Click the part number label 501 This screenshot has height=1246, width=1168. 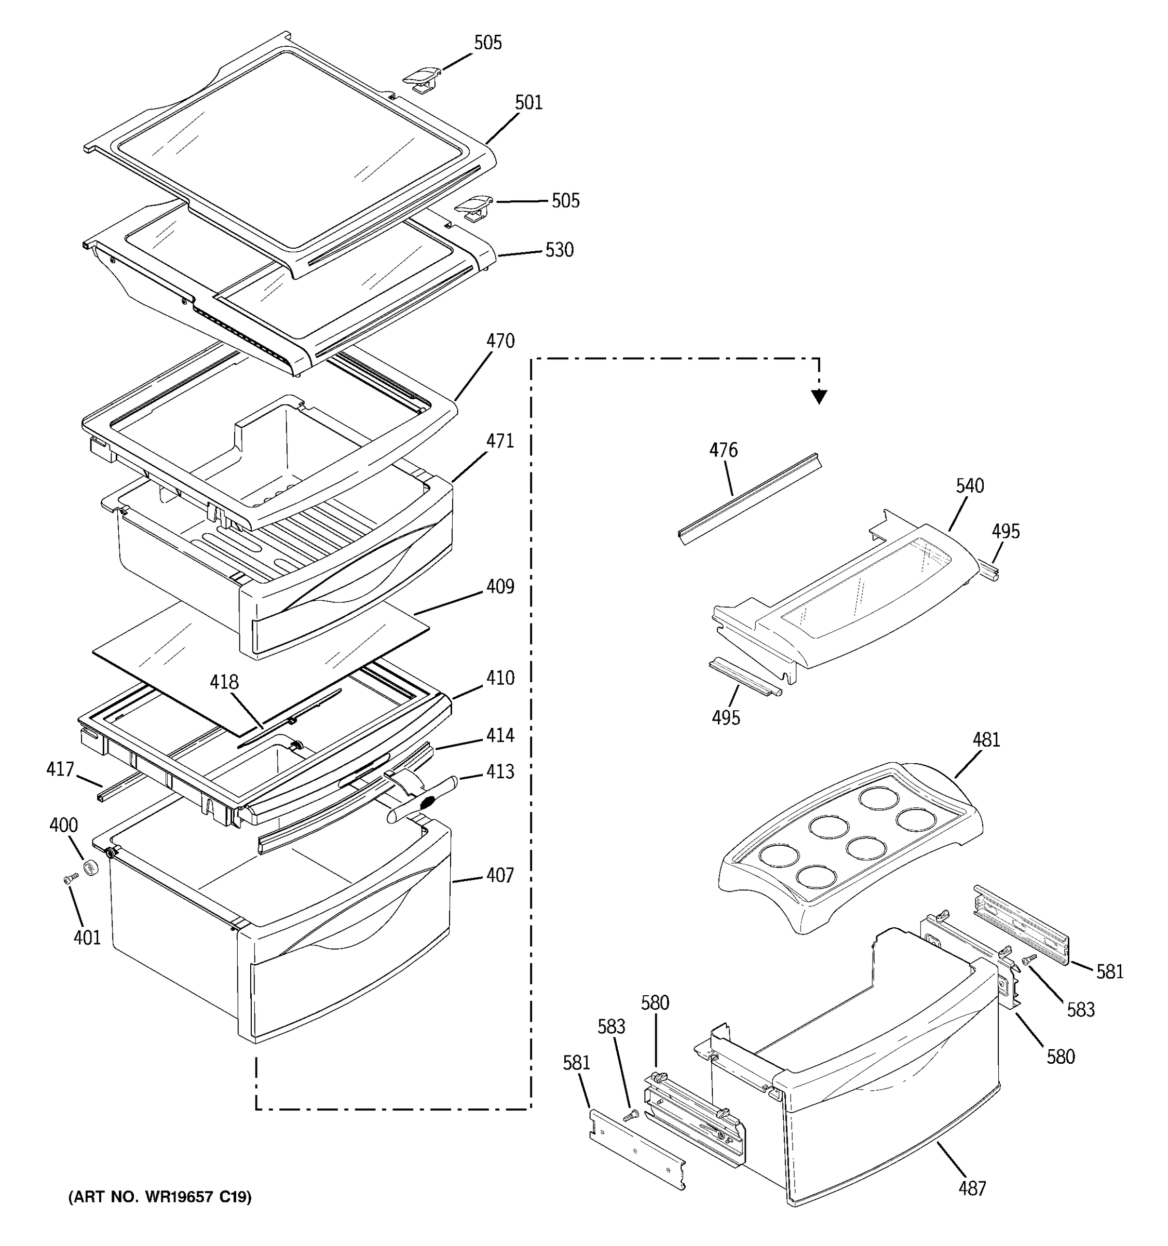528,103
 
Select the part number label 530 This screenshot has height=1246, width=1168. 559,250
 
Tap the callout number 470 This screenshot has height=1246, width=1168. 500,342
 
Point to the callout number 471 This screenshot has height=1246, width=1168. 500,441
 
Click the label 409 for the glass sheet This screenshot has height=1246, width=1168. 500,587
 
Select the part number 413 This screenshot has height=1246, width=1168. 500,771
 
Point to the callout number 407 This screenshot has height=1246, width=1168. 500,876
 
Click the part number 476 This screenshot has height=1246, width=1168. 723,450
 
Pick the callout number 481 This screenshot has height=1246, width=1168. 986,740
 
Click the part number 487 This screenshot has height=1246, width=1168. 972,1188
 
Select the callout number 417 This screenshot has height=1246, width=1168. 60,769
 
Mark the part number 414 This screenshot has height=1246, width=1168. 500,735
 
